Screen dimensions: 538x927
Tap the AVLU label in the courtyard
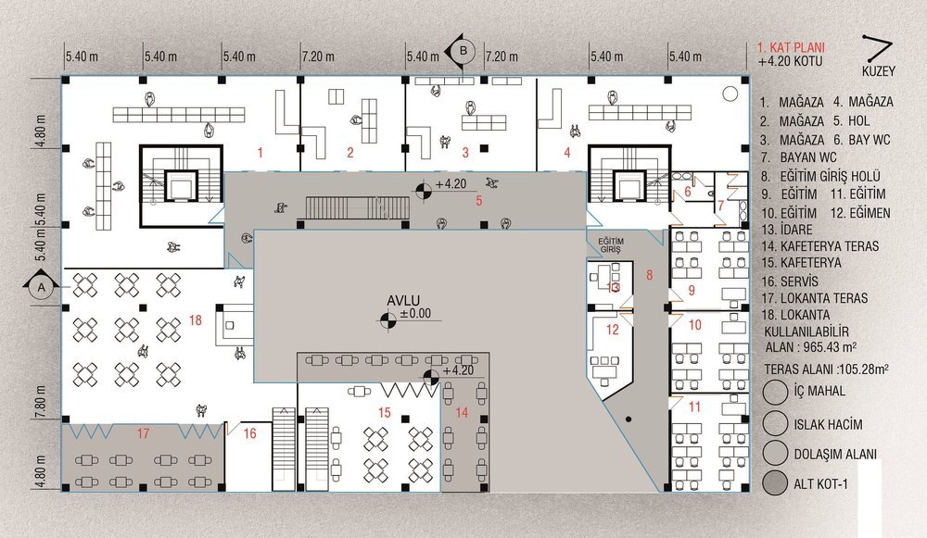point(405,301)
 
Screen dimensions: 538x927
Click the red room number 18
point(195,320)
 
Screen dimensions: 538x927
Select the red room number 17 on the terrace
point(144,432)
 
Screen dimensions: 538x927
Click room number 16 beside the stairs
point(249,432)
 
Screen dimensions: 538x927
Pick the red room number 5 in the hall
point(479,199)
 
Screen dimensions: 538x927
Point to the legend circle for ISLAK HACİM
point(776,423)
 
